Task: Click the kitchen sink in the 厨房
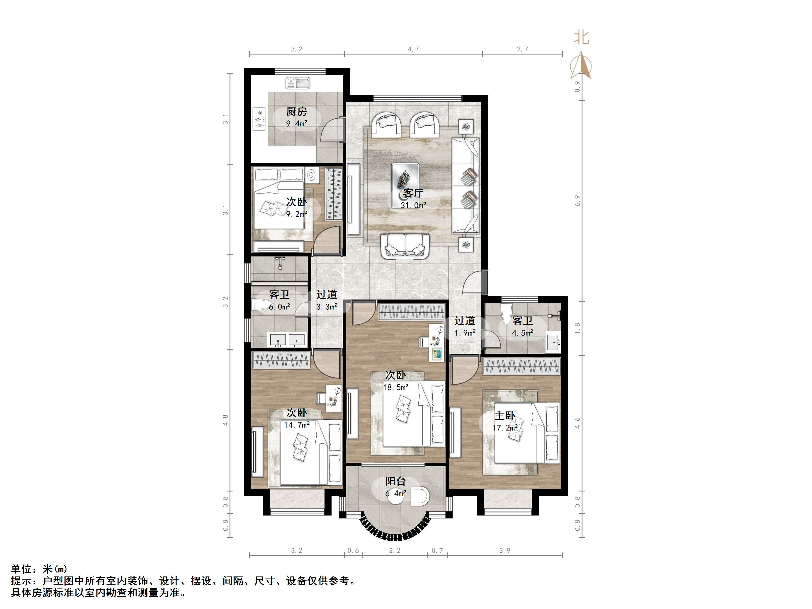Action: [298, 83]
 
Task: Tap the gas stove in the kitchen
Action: [259, 119]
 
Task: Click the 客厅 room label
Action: [413, 193]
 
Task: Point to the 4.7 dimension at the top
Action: [413, 49]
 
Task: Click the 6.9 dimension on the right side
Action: [577, 200]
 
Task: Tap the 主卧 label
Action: [505, 416]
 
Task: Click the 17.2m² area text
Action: [505, 428]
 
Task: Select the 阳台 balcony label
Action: [395, 481]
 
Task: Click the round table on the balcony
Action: [396, 496]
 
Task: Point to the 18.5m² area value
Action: [395, 387]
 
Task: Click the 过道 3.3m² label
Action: [327, 300]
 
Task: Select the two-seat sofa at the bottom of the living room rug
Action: [405, 246]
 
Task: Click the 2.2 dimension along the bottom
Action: [395, 551]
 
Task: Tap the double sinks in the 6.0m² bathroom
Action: [288, 340]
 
